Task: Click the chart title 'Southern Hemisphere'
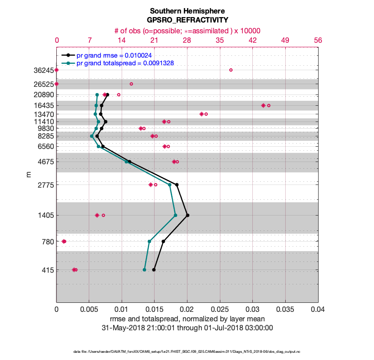(x=187, y=11)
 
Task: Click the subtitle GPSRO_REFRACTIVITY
(x=187, y=20)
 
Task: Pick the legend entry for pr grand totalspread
(x=125, y=63)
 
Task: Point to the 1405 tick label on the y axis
(x=45, y=216)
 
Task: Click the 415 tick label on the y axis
(x=47, y=270)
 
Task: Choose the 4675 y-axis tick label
(x=45, y=162)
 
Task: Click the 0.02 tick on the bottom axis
(x=187, y=310)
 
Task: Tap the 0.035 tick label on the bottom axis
(x=285, y=310)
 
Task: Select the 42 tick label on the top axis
(x=252, y=40)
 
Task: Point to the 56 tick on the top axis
(x=318, y=40)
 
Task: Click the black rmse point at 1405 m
(x=187, y=215)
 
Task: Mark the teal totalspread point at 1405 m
(x=175, y=215)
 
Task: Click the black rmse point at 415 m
(x=154, y=270)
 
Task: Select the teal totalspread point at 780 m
(x=149, y=242)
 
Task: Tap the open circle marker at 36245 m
(x=231, y=70)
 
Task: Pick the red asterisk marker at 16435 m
(x=263, y=105)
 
